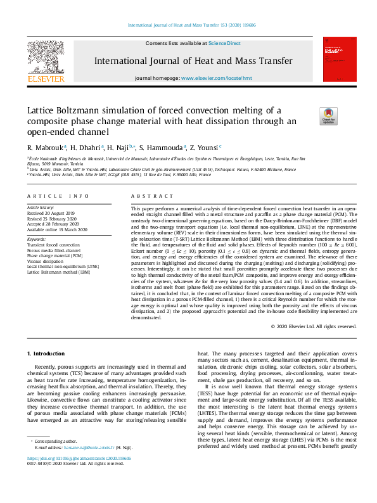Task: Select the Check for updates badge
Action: pyautogui.click(x=328, y=115)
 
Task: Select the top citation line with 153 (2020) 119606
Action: pyautogui.click(x=188, y=25)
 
